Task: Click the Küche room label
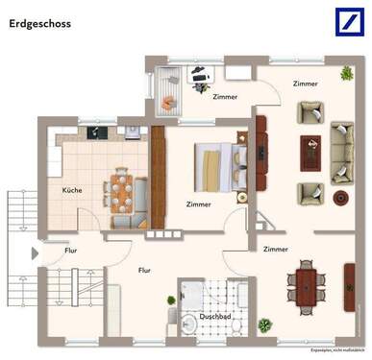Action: click(x=72, y=190)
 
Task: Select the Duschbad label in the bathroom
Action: click(x=212, y=315)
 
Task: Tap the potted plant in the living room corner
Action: click(x=346, y=72)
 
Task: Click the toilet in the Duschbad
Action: click(x=236, y=326)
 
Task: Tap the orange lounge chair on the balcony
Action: click(x=168, y=101)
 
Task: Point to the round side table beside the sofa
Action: click(x=340, y=198)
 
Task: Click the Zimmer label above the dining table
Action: click(x=276, y=249)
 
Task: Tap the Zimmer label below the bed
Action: click(x=198, y=204)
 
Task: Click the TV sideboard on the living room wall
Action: click(x=260, y=149)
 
